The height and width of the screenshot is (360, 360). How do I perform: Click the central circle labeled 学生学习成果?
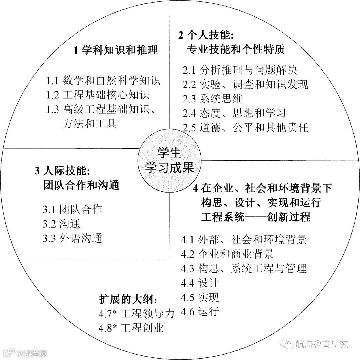coord(169,160)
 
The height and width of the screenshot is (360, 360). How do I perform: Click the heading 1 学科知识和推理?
coord(115,50)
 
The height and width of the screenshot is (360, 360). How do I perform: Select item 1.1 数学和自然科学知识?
coord(103,80)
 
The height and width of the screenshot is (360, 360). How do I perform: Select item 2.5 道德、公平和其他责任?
coord(245,127)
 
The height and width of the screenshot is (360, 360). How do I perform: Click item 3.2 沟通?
coord(61,224)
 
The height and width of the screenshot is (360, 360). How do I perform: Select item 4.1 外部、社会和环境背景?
coord(244,239)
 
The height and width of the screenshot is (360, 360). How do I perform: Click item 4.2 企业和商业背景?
coord(227,254)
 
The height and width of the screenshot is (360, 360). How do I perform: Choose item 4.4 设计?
coord(200,283)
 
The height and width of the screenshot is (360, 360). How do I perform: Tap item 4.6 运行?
coord(200,312)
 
